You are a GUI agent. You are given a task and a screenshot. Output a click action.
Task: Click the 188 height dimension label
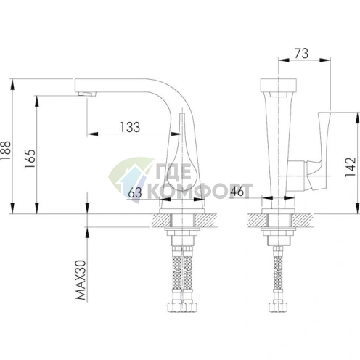coord(5,150)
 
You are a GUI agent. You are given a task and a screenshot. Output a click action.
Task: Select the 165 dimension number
coord(30,159)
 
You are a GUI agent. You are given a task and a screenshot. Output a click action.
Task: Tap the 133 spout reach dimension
coord(130,127)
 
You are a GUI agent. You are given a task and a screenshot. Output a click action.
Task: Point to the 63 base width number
coord(135,193)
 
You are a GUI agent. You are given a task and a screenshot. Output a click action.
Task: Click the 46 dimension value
coord(237,192)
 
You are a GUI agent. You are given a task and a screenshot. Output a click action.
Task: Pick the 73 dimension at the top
coord(301,54)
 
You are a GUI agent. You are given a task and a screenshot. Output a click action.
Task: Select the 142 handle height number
coord(351,167)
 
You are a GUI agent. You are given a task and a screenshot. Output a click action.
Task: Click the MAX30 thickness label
coord(81,280)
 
